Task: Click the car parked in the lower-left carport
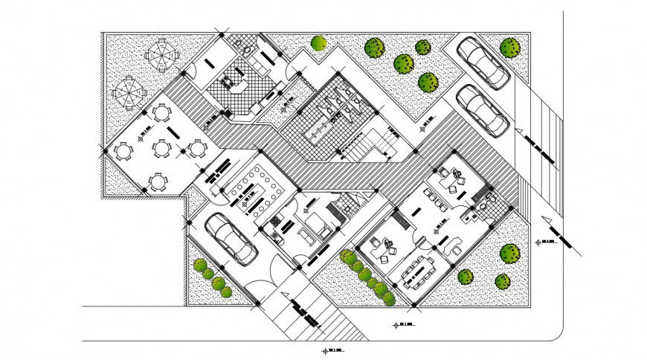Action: pyautogui.click(x=231, y=238)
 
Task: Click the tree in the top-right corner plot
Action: pyautogui.click(x=510, y=48)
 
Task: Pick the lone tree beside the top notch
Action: pyautogui.click(x=319, y=43)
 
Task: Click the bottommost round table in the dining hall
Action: pyautogui.click(x=158, y=181)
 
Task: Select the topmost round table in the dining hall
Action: pyautogui.click(x=161, y=114)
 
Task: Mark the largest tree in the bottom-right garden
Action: pyautogui.click(x=509, y=253)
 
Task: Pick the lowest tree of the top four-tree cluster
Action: pyautogui.click(x=428, y=82)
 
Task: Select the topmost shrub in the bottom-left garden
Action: pyautogui.click(x=199, y=264)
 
